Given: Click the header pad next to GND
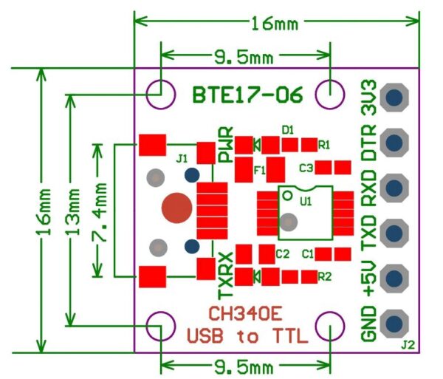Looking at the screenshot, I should (x=396, y=322).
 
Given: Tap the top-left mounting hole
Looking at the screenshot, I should (x=159, y=93).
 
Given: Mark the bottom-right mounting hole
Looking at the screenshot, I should (x=330, y=325).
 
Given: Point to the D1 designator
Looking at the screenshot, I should (x=288, y=129).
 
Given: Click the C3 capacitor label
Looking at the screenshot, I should (x=306, y=168).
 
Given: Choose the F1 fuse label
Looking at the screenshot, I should (x=259, y=169).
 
